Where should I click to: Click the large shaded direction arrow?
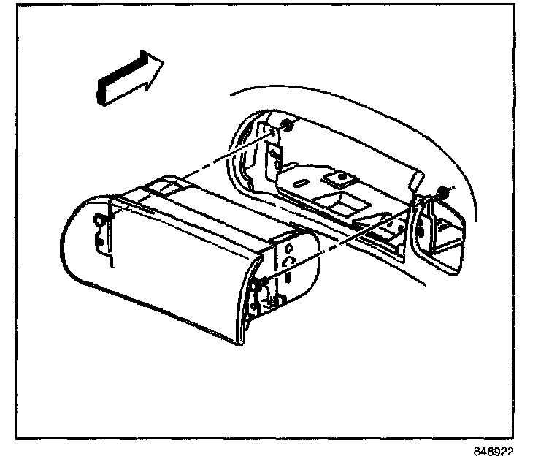click(x=128, y=77)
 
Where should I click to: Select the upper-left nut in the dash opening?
click(x=287, y=127)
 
